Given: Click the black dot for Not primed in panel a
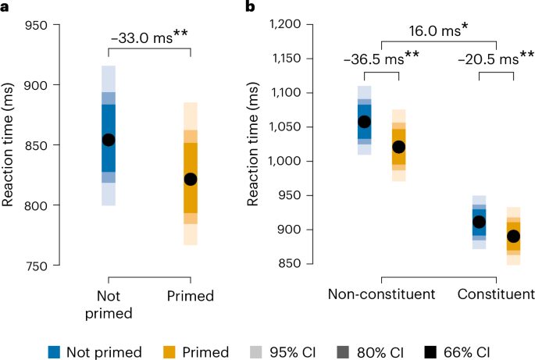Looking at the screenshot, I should point(109,140).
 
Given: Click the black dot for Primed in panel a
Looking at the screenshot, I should point(191,179).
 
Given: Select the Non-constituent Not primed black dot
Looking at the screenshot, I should point(365,122).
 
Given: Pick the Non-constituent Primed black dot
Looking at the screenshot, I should point(399,147).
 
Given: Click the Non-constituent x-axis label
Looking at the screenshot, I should point(382,294).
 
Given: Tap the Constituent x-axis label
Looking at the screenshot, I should point(496,294).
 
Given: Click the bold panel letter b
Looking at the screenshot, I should point(251,7).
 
